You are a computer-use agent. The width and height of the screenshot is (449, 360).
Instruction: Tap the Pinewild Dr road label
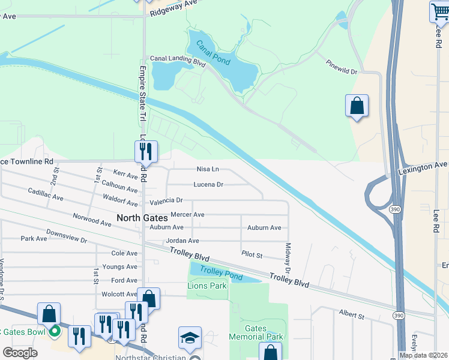coord(341,67)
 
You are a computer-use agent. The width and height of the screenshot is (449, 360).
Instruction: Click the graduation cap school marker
coord(190,338)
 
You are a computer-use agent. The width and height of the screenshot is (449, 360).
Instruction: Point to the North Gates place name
coord(142,219)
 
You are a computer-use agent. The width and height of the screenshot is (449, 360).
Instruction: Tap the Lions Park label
coord(207,286)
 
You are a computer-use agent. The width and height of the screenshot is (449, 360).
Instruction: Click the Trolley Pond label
coord(221,273)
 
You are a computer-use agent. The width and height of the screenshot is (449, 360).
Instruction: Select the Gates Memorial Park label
coord(256,332)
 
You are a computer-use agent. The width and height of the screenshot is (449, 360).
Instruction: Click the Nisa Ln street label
coord(208,169)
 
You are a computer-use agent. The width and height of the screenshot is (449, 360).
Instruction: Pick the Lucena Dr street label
coord(208,185)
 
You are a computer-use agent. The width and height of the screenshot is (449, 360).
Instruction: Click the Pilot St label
coord(252,255)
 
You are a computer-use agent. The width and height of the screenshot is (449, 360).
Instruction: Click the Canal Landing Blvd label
coord(178,60)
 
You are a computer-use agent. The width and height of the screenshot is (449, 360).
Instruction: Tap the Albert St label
coord(351,314)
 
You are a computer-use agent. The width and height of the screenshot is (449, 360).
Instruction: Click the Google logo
coord(20,353)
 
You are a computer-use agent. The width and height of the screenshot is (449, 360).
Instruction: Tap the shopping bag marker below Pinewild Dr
coord(357,106)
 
